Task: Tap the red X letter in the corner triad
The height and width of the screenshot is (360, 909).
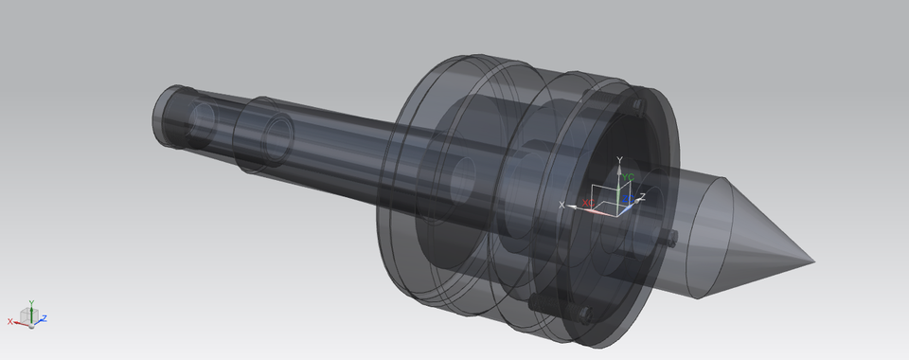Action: click(x=10, y=322)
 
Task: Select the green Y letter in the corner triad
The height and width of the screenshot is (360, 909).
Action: click(x=31, y=303)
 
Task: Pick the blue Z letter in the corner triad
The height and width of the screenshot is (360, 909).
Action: click(x=45, y=318)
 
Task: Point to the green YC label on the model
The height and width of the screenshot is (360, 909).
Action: click(x=628, y=177)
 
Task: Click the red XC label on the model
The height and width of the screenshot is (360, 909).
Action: click(x=587, y=203)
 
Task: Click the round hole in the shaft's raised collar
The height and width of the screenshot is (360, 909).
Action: click(x=278, y=137)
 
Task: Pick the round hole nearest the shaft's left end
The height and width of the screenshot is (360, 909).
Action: click(x=202, y=121)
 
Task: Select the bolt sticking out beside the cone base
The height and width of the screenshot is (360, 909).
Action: click(x=670, y=236)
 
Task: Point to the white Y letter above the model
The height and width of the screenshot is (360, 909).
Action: click(x=618, y=159)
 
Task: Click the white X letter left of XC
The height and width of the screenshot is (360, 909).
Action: click(x=562, y=205)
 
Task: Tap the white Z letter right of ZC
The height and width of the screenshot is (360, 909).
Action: click(x=642, y=196)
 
